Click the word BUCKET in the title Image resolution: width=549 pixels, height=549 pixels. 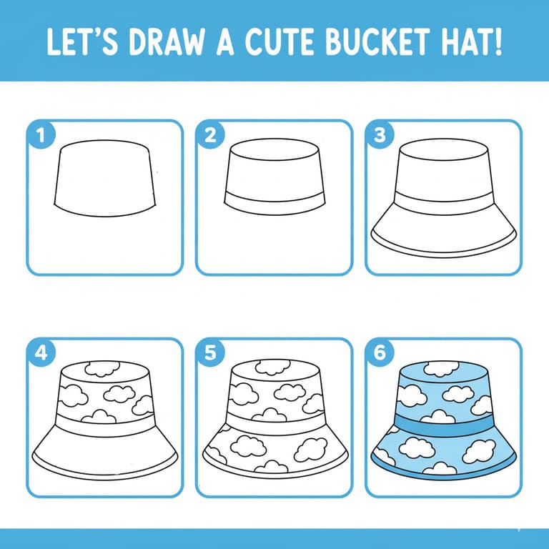pyautogui.click(x=377, y=41)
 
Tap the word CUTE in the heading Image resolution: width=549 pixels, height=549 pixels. pyautogui.click(x=280, y=41)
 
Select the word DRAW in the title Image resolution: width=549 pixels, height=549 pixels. pyautogui.click(x=167, y=41)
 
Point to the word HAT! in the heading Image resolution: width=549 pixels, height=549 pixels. pyautogui.click(x=471, y=41)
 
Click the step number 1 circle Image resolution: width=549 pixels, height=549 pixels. pyautogui.click(x=41, y=135)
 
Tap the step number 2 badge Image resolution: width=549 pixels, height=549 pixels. pyautogui.click(x=210, y=135)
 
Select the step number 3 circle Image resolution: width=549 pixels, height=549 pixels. pyautogui.click(x=380, y=135)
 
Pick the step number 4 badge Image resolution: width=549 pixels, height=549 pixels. pyautogui.click(x=41, y=352)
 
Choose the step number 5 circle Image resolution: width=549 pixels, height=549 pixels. pyautogui.click(x=210, y=352)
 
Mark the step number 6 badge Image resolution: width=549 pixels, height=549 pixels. pyautogui.click(x=380, y=352)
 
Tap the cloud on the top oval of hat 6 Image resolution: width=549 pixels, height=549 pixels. pyautogui.click(x=441, y=368)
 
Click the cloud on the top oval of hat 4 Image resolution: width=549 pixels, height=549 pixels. pyautogui.click(x=102, y=369)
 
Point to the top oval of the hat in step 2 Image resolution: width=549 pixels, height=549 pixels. pyautogui.click(x=274, y=149)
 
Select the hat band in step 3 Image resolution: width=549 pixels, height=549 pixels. pyautogui.click(x=444, y=203)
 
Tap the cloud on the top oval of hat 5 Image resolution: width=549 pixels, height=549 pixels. pyautogui.click(x=272, y=367)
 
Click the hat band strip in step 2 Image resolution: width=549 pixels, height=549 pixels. pyautogui.click(x=274, y=202)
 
